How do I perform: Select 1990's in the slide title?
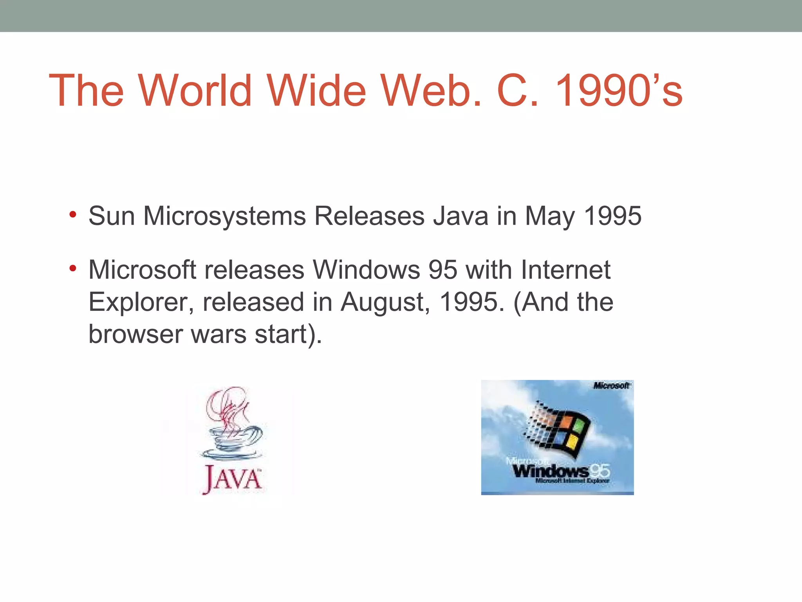[x=619, y=91]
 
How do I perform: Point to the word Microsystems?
[x=224, y=216]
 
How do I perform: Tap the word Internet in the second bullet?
[x=565, y=270]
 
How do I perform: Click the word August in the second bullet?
[x=385, y=303]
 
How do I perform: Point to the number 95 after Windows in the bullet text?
[x=443, y=270]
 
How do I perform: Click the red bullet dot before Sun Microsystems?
[x=72, y=215]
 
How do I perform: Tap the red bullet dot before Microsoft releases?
[x=72, y=269]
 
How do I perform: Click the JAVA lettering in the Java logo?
[x=232, y=479]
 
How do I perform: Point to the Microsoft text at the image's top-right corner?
[x=611, y=386]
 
